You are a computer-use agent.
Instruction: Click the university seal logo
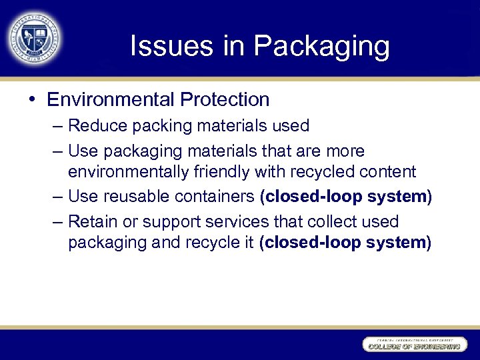click(35, 37)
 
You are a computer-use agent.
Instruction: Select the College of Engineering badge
click(413, 345)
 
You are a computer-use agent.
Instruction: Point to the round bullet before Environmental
click(32, 100)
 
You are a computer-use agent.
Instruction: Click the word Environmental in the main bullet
click(102, 100)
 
